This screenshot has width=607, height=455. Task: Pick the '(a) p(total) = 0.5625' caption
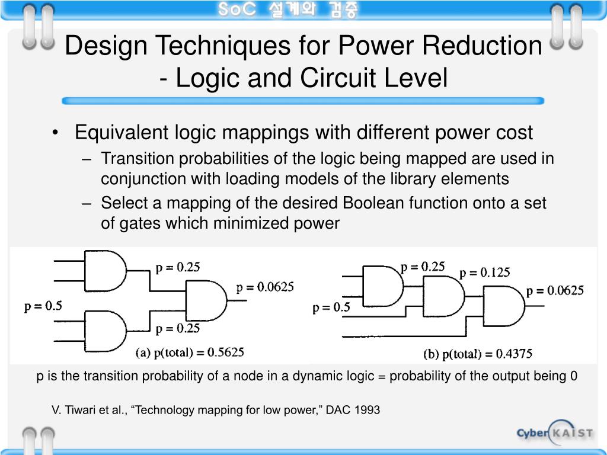click(190, 353)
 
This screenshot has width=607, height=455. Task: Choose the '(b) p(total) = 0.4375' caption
click(478, 354)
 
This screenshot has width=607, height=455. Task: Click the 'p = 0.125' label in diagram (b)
click(485, 273)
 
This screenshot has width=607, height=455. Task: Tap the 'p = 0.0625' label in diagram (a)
click(265, 287)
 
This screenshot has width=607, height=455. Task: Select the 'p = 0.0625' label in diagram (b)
click(555, 290)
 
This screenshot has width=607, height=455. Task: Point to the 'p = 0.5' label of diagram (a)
click(43, 306)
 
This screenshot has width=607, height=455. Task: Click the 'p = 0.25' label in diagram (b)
click(423, 267)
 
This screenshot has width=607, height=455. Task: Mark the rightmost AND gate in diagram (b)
click(503, 306)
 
